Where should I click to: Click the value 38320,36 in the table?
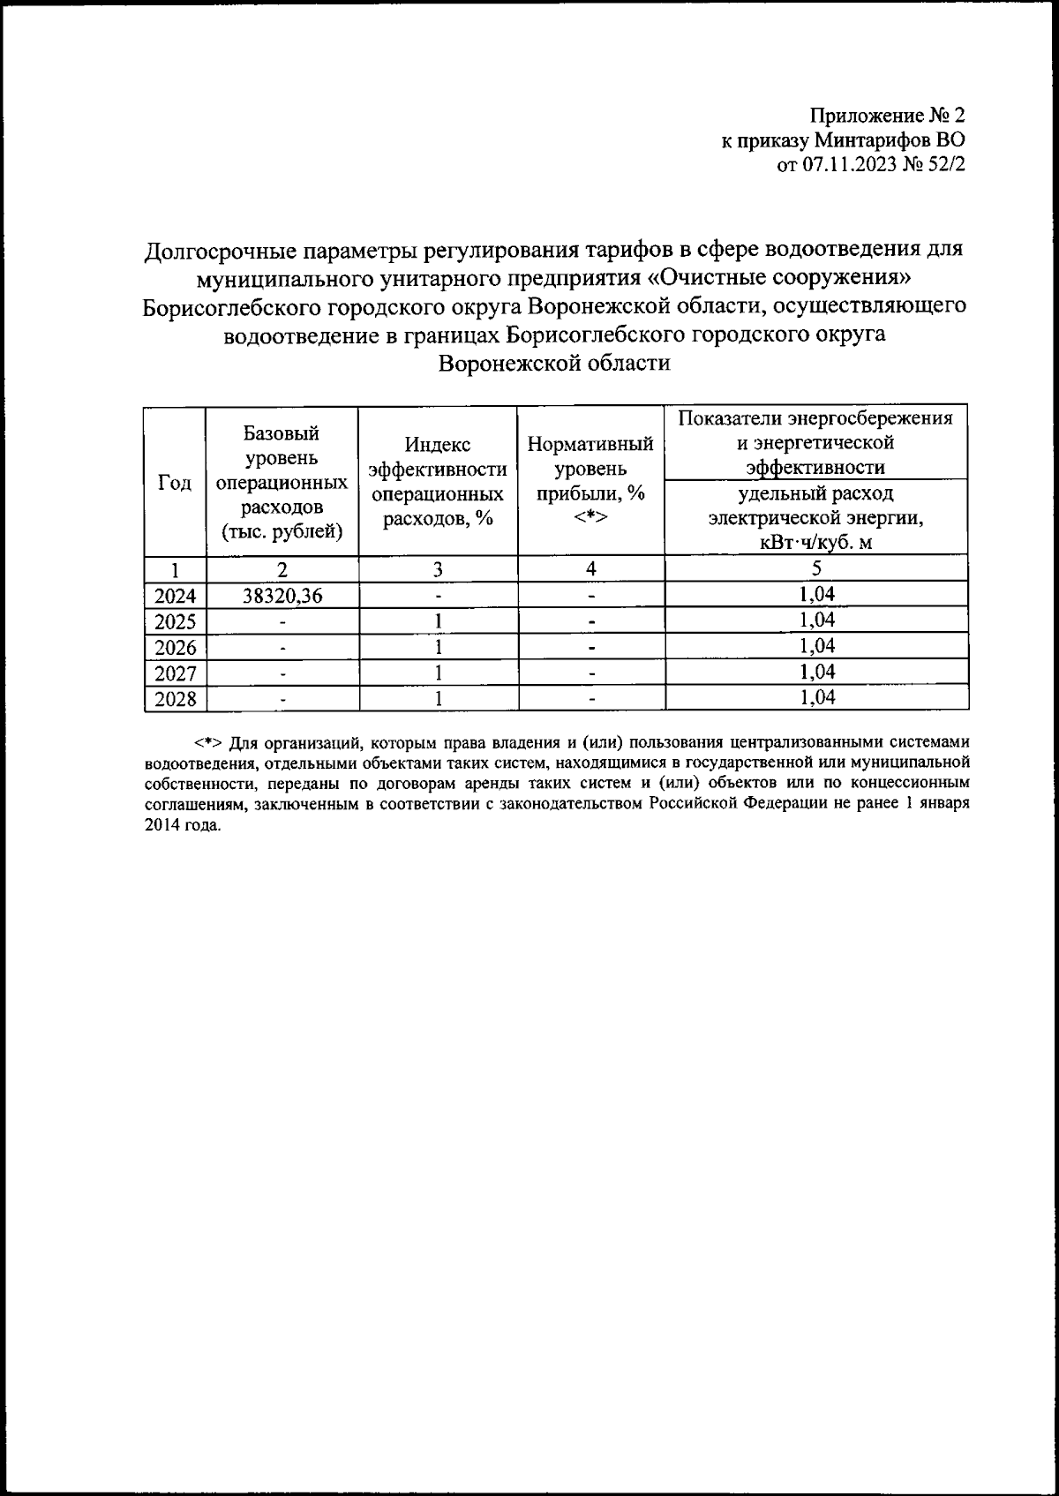282,596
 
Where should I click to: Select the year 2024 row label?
175,596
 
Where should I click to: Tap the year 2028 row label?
175,699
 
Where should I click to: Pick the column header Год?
175,482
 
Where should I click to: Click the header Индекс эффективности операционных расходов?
438,482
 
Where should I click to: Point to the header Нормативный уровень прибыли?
590,480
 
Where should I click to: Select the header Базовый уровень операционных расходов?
282,482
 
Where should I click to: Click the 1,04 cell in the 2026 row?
816,646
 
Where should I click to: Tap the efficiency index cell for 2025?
438,621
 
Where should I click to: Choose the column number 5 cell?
816,568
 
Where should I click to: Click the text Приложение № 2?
888,116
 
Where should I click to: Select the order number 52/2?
945,166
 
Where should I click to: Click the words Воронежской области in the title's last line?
555,364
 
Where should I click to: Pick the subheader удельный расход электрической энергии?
816,517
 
